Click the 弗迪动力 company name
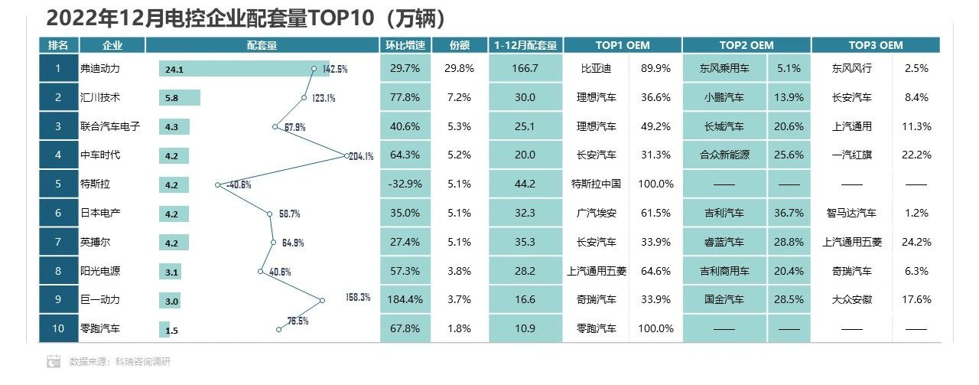(100, 68)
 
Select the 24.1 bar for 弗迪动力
(243, 69)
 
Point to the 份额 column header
(458, 45)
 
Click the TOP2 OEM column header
(746, 45)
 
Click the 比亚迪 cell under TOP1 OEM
(596, 68)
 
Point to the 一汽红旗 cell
(851, 155)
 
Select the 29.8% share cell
(458, 68)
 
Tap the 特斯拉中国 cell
(596, 184)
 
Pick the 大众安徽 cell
(851, 300)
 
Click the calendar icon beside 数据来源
(54, 361)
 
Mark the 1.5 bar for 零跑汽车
(164, 329)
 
